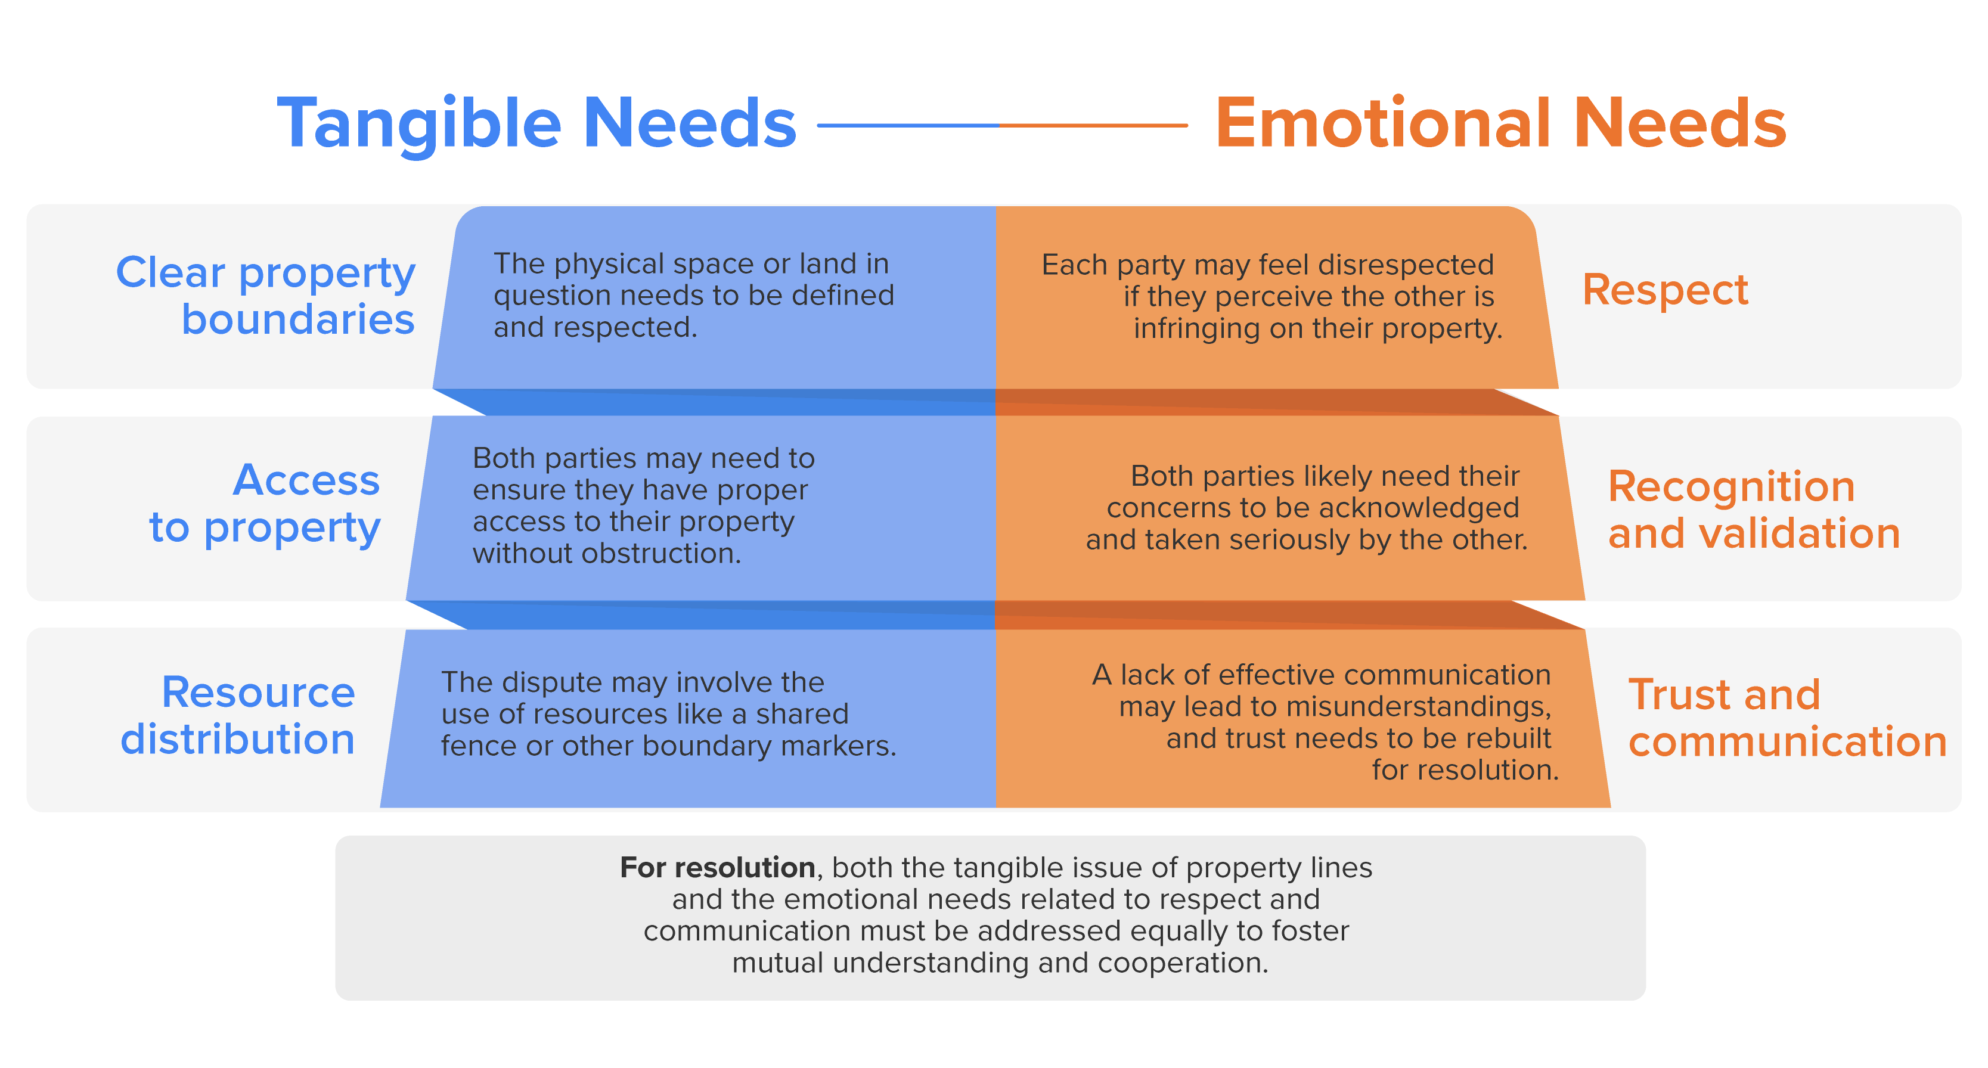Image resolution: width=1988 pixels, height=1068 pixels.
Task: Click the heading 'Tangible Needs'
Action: (x=536, y=123)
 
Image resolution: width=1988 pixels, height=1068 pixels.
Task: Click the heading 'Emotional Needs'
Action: (x=1500, y=123)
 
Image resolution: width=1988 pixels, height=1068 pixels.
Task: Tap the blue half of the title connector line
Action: (x=907, y=125)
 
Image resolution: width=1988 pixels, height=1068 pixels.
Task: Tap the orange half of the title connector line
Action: (x=1093, y=125)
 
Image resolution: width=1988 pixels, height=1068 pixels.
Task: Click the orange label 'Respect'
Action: (x=1665, y=290)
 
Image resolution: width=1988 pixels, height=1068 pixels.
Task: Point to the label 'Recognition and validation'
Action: (x=1753, y=510)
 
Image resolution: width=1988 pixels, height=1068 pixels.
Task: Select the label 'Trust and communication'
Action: (x=1787, y=718)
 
